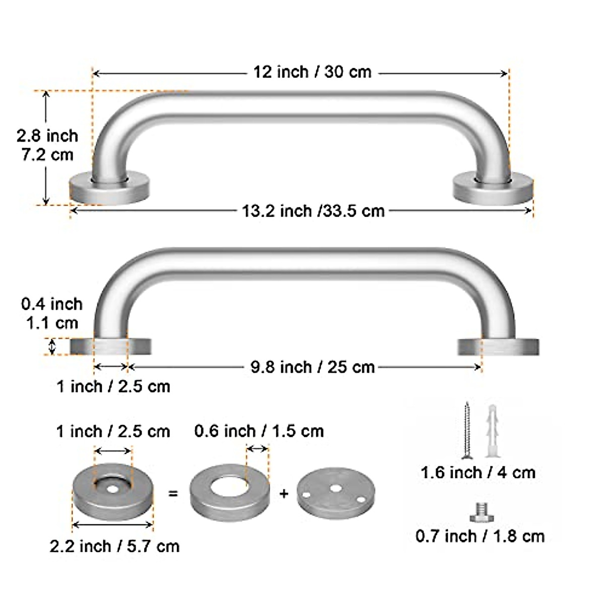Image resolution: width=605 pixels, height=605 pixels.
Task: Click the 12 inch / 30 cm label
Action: coord(312,72)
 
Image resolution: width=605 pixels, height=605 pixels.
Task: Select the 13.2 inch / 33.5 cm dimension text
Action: coord(313,210)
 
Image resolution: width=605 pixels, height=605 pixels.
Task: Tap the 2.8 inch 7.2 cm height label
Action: coord(47,145)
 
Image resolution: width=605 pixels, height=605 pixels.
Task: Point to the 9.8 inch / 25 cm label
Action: coord(313,367)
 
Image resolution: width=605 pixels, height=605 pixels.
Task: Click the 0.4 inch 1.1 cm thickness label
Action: coord(52,313)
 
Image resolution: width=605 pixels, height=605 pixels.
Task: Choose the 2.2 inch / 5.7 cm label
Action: coord(114,546)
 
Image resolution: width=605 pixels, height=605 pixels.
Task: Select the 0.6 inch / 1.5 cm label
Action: coord(259,431)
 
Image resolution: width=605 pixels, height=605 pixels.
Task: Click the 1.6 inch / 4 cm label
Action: coord(478,472)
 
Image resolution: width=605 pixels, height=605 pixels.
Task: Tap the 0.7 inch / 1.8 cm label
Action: coord(480,536)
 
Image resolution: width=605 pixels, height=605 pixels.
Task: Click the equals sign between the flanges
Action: coord(173,494)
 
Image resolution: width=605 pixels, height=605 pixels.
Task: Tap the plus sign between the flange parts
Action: coord(284,494)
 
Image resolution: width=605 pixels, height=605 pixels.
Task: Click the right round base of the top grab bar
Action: coord(494,188)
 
